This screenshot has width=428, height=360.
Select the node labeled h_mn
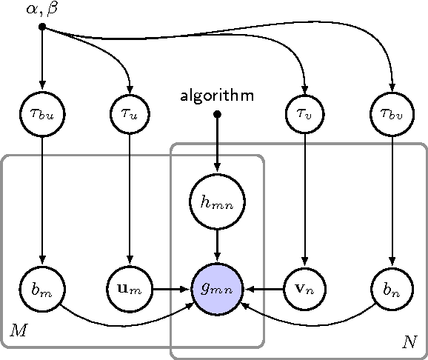[217, 201]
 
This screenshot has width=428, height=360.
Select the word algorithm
[217, 96]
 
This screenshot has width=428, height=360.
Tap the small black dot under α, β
[43, 27]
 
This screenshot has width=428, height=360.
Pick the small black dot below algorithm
[217, 114]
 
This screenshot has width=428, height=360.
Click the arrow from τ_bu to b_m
[43, 200]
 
